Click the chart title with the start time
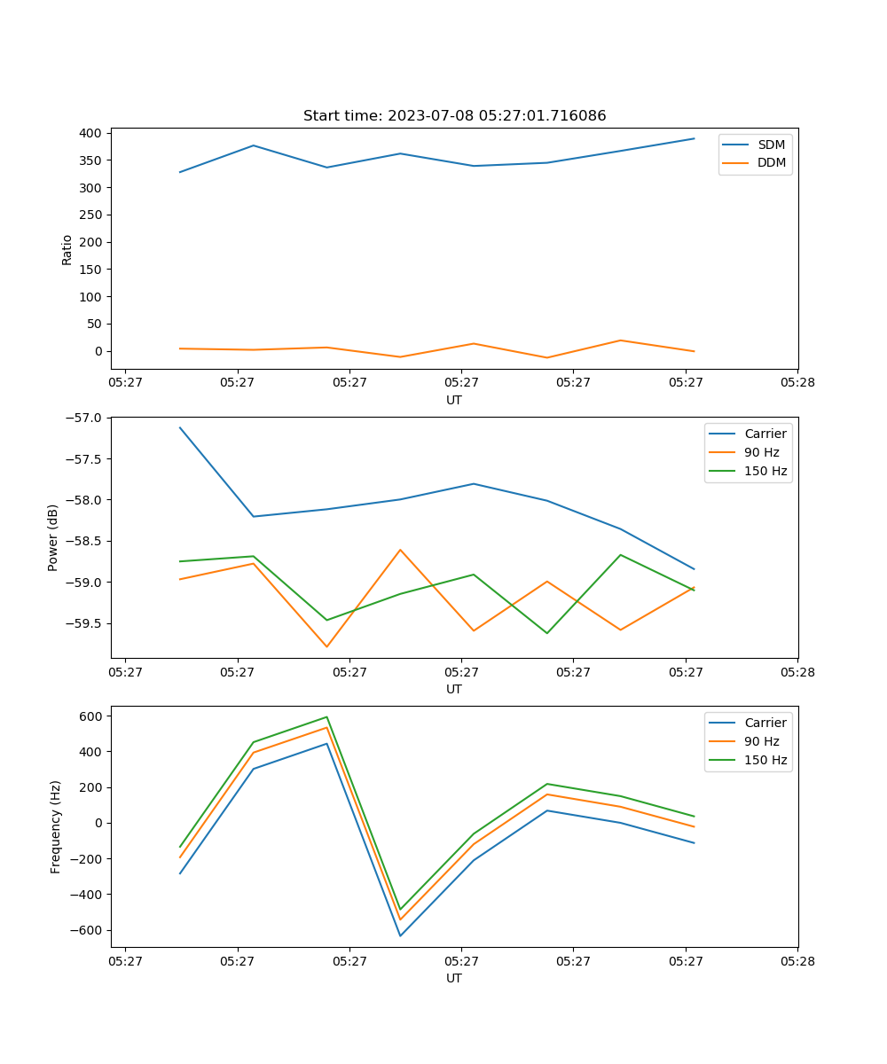454,116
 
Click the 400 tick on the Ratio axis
92,133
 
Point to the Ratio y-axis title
67,250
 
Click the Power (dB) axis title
53,537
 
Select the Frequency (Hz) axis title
56,826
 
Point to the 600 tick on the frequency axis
93,716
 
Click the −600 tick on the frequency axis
89,930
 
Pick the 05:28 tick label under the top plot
797,383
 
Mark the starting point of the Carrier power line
180,427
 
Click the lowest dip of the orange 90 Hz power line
326,646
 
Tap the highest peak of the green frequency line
326,717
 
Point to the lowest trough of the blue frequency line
400,935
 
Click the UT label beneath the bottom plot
454,978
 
